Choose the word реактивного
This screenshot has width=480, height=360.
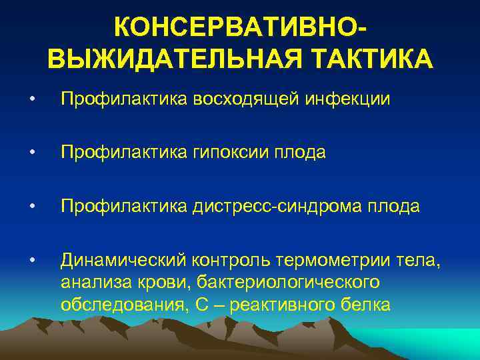(x=273, y=305)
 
